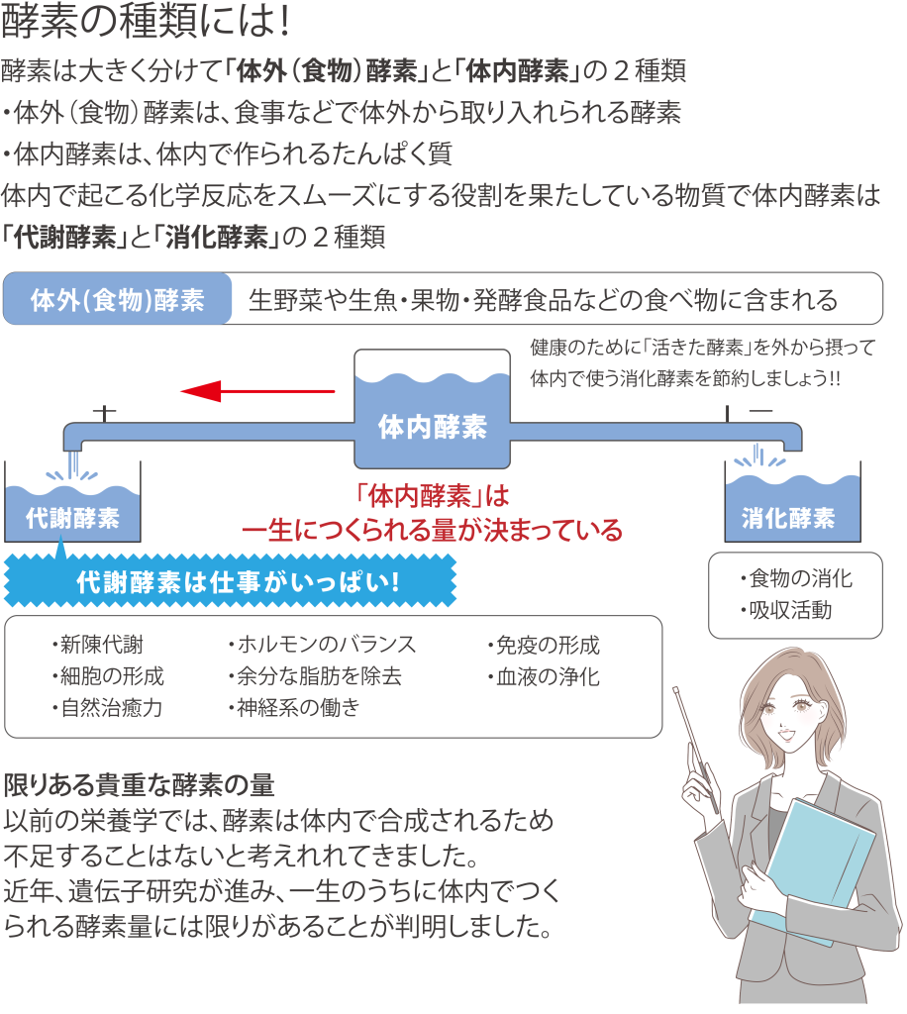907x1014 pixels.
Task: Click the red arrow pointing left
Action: [257, 393]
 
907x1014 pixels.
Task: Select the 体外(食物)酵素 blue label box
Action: [118, 300]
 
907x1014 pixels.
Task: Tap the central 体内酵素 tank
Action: [433, 426]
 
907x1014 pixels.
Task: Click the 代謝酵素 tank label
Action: [72, 518]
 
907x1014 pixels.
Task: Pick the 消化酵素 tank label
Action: [788, 518]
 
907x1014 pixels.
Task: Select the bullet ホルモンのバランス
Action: [322, 646]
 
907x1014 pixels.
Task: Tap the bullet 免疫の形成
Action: [544, 646]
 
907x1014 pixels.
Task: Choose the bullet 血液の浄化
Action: [544, 677]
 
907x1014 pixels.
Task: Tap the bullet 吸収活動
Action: [785, 611]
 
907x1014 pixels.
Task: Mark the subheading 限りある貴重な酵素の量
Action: [139, 785]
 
